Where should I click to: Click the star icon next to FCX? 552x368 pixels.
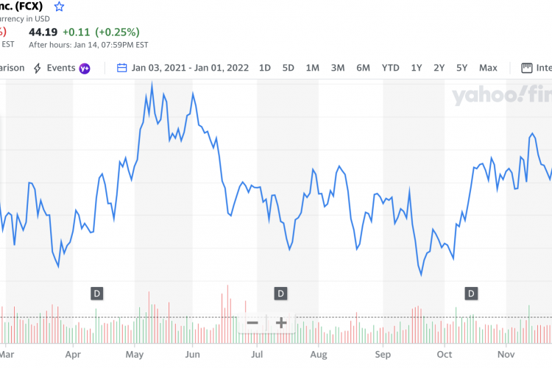60,7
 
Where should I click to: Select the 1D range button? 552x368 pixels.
265,68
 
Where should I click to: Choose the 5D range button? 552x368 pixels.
289,68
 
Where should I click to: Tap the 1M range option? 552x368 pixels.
312,68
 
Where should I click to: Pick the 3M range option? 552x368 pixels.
338,68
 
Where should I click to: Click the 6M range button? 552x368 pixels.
363,68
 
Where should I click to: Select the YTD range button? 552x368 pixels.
390,68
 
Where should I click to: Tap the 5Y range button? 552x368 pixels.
461,68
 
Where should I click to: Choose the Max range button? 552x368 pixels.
488,68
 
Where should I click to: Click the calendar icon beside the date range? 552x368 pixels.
122,68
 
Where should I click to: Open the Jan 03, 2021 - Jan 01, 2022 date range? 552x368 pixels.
191,68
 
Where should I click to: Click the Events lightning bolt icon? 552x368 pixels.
37,68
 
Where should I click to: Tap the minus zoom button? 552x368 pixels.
252,322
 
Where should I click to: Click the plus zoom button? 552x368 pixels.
280,322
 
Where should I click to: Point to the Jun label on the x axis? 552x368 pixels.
193,354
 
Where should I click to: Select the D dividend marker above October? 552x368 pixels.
471,294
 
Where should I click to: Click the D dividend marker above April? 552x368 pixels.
96,294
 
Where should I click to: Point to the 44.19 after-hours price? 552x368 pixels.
43,32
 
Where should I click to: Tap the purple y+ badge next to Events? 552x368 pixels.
85,68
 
